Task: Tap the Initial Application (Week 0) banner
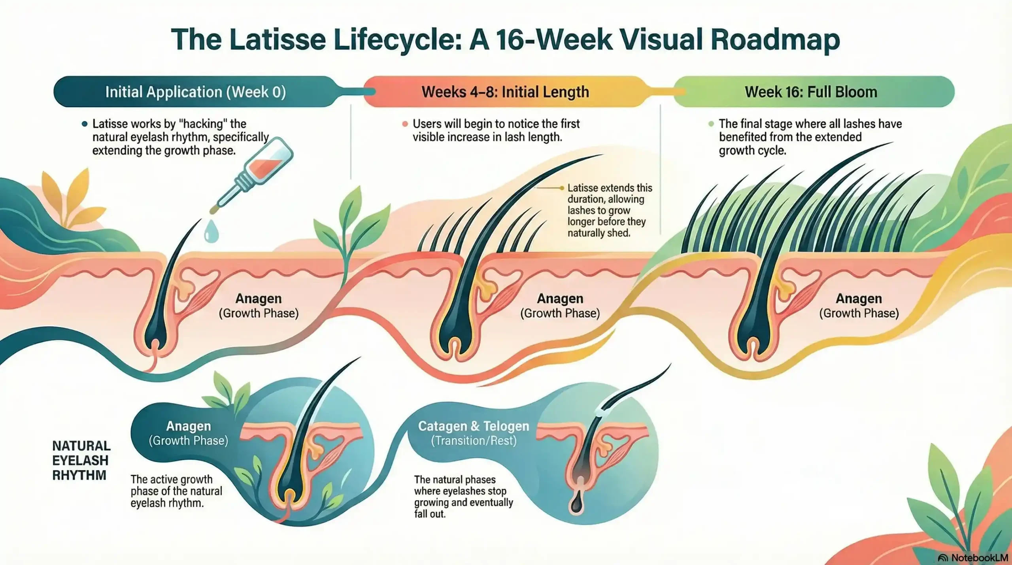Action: [195, 92]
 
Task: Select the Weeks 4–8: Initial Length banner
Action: [505, 92]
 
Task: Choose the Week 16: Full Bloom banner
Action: [811, 92]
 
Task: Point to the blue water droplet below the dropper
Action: [211, 231]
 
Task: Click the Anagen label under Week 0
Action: [259, 299]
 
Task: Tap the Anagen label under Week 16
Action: [859, 299]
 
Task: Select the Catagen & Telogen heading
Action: [473, 426]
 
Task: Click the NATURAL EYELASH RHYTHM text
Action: [81, 460]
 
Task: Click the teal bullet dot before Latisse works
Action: [84, 124]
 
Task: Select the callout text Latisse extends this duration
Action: [610, 210]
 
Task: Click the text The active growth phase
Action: [176, 491]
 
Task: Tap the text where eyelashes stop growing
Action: [463, 497]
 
